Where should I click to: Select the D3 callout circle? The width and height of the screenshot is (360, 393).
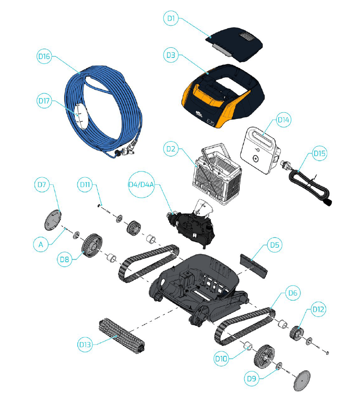point(171,55)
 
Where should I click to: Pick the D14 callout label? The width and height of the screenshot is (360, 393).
point(283,120)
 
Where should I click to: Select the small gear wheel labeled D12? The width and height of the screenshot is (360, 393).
point(297,332)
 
